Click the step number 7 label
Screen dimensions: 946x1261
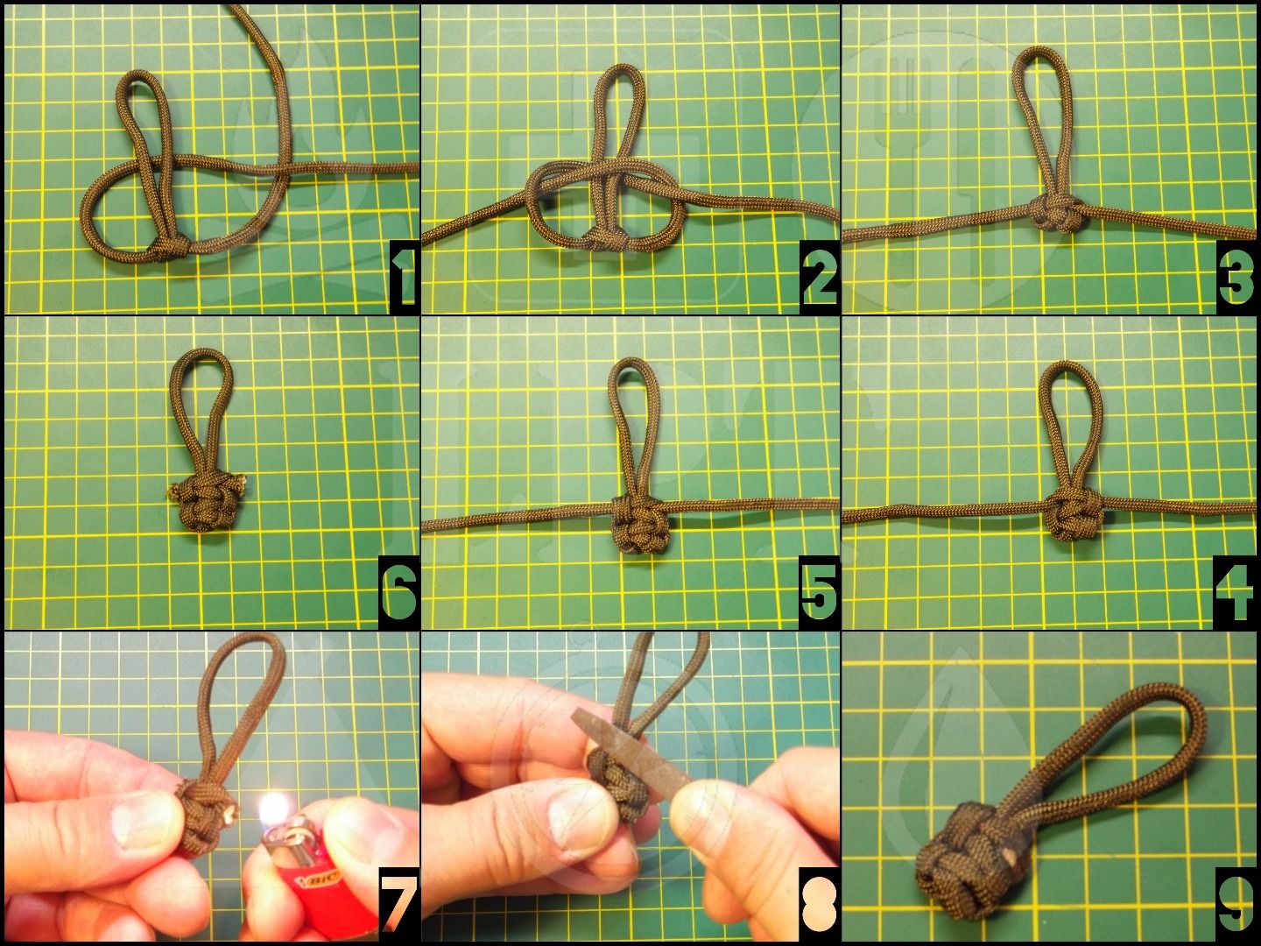(398, 906)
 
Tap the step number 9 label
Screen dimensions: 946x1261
(1236, 906)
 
